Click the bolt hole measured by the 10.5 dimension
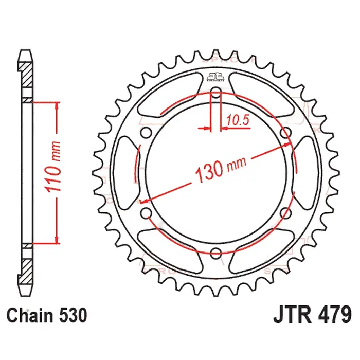point(216,94)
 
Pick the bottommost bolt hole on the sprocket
point(216,252)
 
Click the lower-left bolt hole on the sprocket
point(146,212)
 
